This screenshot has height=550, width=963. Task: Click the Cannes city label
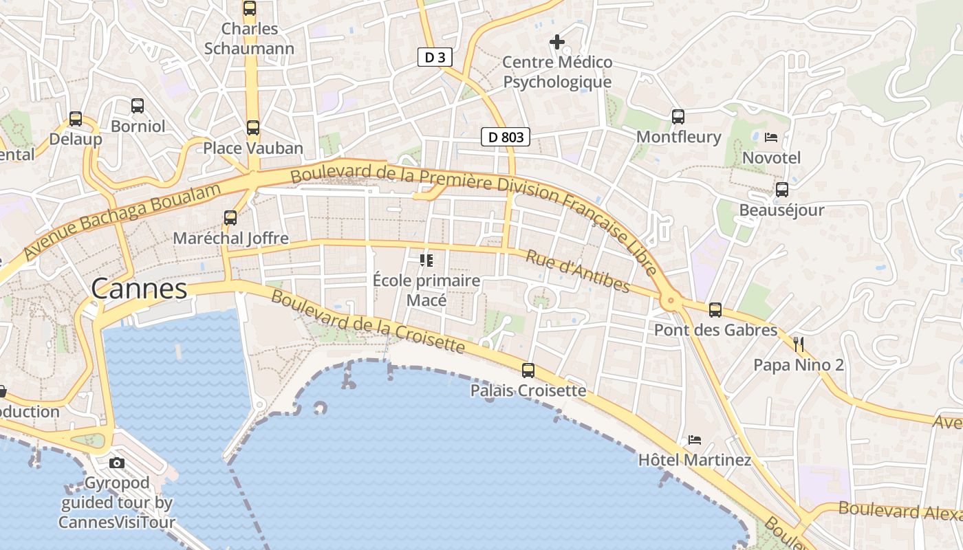point(139,289)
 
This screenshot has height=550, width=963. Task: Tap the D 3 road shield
point(435,58)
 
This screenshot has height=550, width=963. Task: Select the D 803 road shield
point(506,137)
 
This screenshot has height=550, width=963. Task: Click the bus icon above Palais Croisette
point(528,371)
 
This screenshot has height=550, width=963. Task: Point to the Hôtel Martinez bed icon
point(695,440)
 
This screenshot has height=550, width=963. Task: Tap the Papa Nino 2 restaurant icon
point(799,344)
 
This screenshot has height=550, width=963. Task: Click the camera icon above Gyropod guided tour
point(117,463)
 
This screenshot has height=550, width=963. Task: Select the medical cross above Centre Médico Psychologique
point(557,43)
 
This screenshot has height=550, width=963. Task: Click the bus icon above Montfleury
point(678,117)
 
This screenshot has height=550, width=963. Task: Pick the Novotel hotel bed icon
point(771,137)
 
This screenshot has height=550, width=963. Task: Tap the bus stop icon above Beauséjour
point(782,190)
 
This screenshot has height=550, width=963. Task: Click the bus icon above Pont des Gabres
point(715,310)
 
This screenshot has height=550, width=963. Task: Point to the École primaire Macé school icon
point(426,261)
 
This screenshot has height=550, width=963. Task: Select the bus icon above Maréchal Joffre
point(230,218)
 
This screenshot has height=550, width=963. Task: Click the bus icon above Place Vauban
point(253,128)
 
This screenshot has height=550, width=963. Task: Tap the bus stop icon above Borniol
point(138,106)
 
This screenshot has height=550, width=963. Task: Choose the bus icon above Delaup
point(76,119)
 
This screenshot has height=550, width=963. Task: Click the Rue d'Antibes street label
point(578,272)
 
